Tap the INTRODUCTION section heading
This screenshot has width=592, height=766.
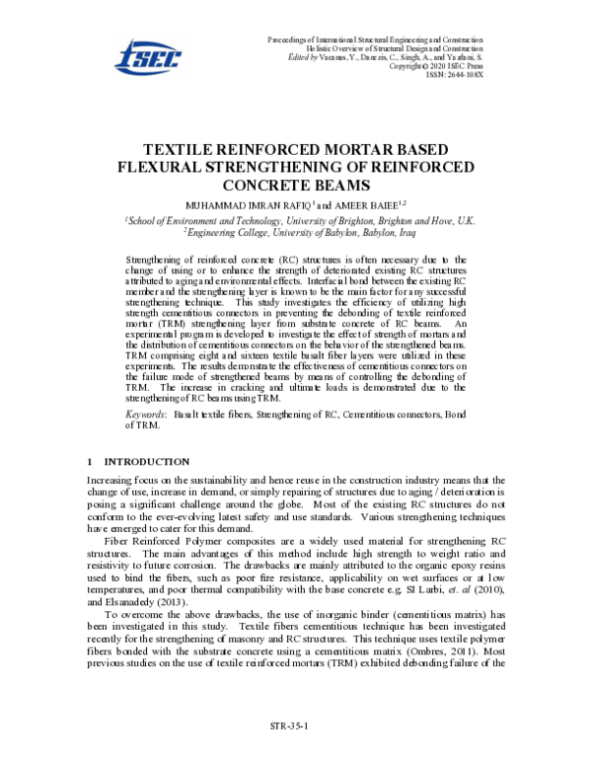147,461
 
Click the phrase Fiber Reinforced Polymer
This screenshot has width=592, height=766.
159,540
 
